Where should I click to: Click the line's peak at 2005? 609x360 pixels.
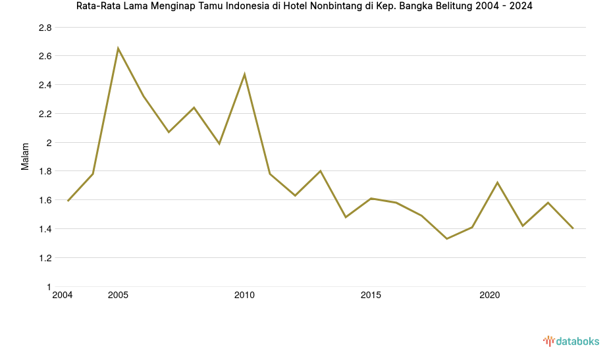(x=118, y=49)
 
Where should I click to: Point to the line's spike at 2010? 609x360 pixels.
(x=244, y=74)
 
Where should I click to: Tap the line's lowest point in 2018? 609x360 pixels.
(x=446, y=238)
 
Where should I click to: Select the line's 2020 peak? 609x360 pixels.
(x=497, y=182)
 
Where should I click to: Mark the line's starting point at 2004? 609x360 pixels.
(x=68, y=201)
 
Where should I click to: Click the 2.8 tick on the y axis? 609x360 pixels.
(x=45, y=28)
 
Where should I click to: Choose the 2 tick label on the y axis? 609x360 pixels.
(x=48, y=143)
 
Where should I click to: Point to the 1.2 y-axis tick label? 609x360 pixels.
(x=45, y=258)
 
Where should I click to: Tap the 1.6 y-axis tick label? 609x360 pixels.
(x=45, y=200)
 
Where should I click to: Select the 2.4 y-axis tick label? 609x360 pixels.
(x=45, y=85)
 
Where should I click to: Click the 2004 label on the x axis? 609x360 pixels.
(x=63, y=296)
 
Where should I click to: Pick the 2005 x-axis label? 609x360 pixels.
(x=118, y=296)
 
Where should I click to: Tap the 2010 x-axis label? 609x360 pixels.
(x=244, y=296)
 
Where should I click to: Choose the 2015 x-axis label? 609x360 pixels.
(x=371, y=296)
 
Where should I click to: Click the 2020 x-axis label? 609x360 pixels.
(x=489, y=296)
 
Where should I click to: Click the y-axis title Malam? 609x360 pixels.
(x=26, y=157)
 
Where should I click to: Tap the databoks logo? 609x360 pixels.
(x=571, y=341)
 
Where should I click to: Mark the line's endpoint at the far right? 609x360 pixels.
(x=573, y=228)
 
